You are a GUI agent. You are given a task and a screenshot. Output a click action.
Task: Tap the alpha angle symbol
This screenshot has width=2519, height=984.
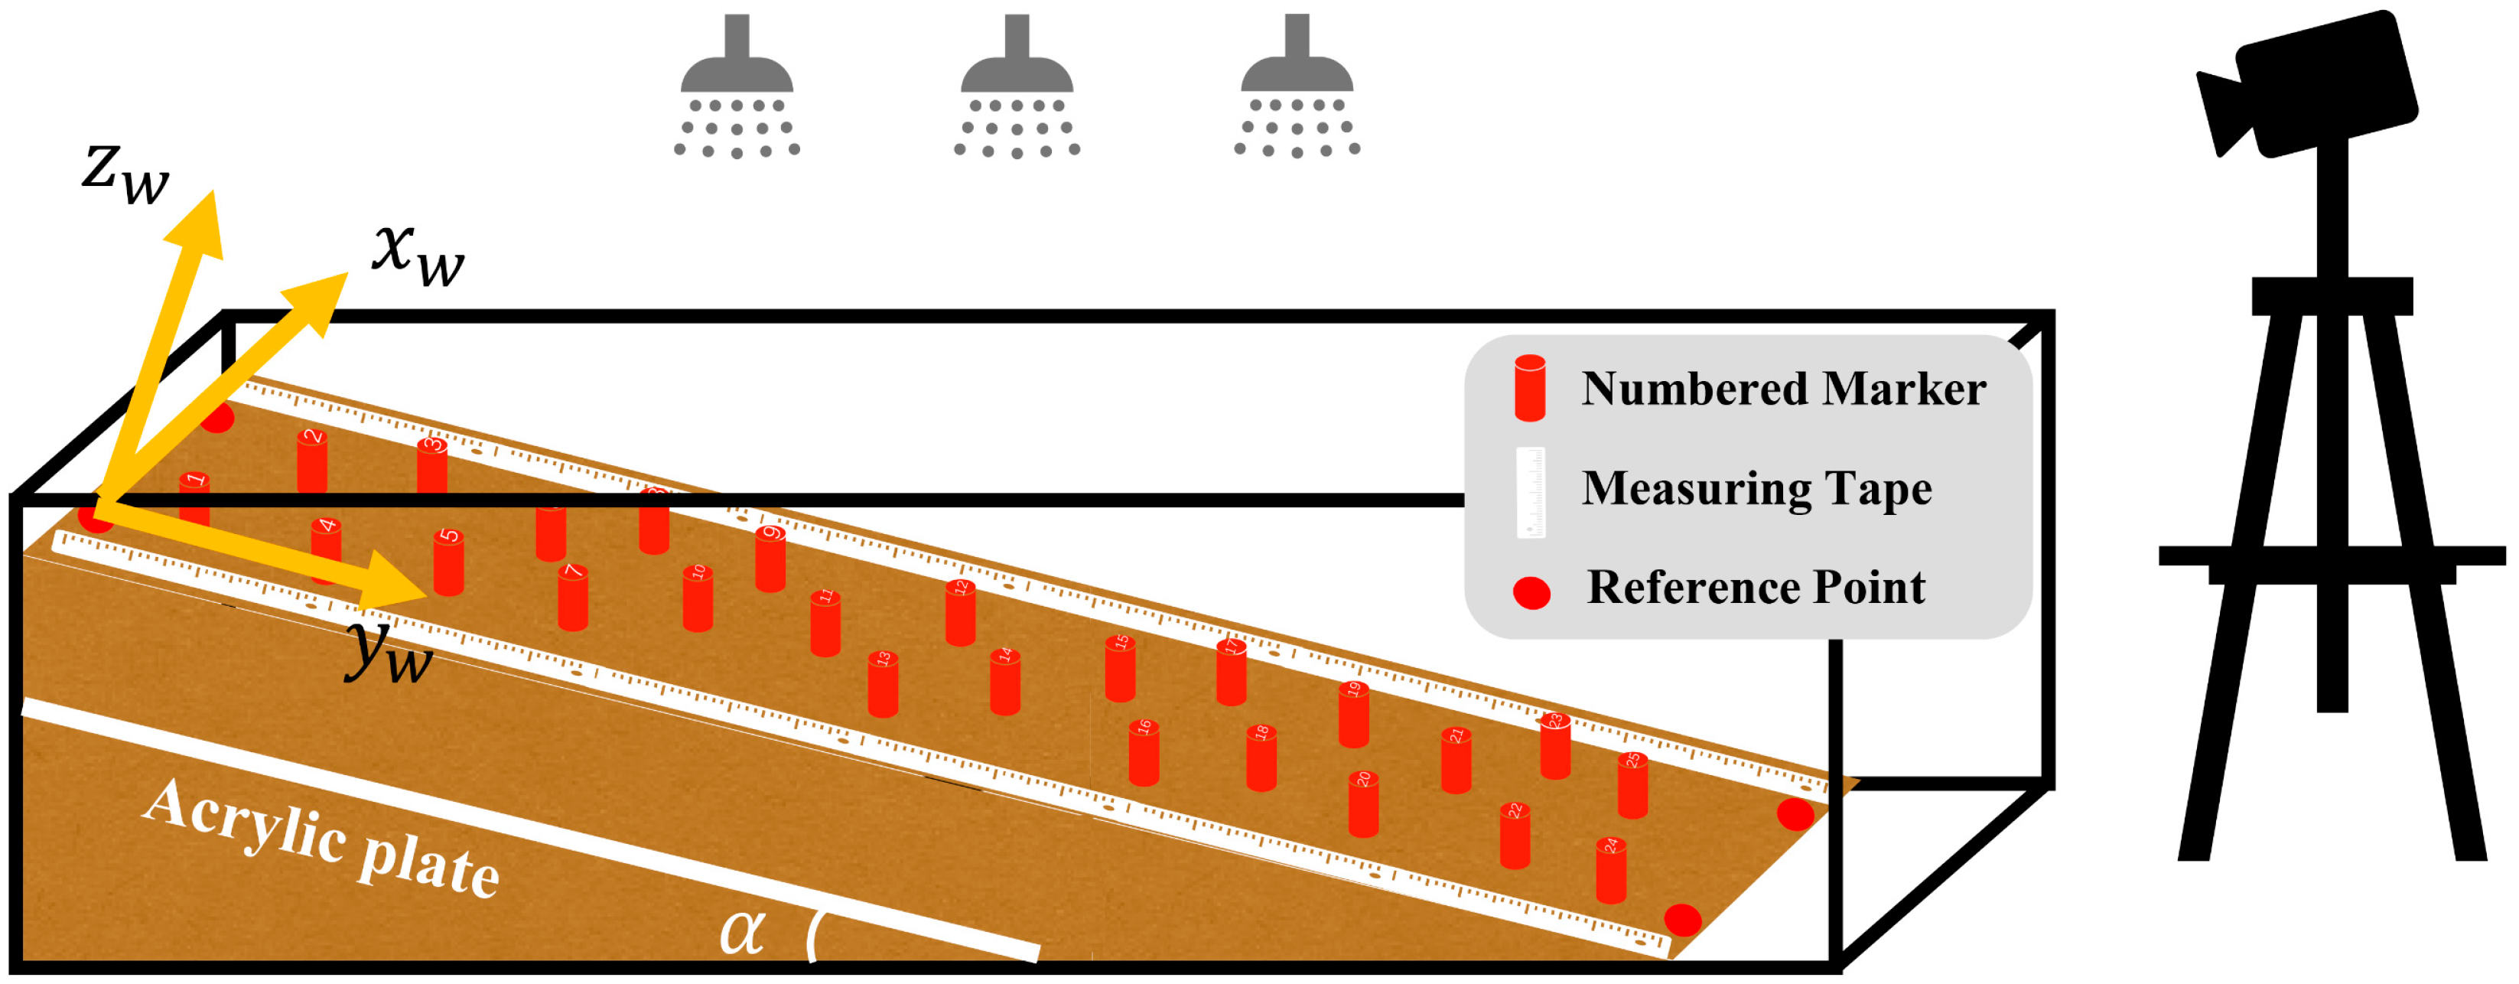(x=741, y=930)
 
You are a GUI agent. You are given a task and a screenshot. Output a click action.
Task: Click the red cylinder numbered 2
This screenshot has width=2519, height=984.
(x=312, y=461)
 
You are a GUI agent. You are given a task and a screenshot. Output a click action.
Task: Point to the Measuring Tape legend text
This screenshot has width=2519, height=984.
(x=1756, y=488)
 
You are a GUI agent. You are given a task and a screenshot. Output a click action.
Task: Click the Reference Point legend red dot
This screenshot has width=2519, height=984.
(x=1531, y=593)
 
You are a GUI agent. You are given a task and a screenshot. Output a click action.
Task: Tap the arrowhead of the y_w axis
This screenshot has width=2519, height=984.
(x=396, y=584)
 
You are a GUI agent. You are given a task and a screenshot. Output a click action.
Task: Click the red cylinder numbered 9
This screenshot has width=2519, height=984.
(x=770, y=559)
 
